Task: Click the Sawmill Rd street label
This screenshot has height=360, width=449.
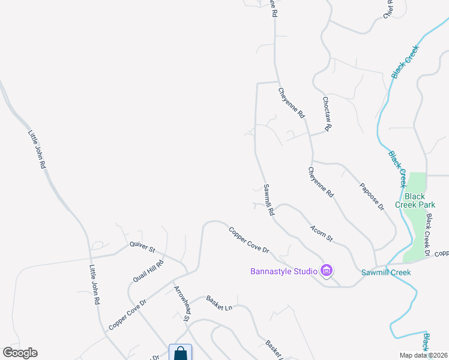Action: pyautogui.click(x=269, y=200)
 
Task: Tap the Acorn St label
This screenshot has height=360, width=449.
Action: pyautogui.click(x=322, y=233)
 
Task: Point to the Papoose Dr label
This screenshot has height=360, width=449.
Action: pyautogui.click(x=372, y=196)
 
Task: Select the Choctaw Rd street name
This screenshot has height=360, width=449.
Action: pyautogui.click(x=327, y=114)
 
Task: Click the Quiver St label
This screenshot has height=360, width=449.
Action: pyautogui.click(x=142, y=245)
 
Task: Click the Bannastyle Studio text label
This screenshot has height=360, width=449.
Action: pyautogui.click(x=283, y=271)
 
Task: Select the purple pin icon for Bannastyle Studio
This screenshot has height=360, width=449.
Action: pyautogui.click(x=327, y=271)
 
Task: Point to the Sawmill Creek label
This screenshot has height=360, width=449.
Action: pyautogui.click(x=385, y=272)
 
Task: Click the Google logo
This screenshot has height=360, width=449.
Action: pyautogui.click(x=20, y=353)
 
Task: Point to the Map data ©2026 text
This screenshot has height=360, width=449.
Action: pyautogui.click(x=424, y=355)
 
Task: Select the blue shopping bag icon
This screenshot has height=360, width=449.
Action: pyautogui.click(x=180, y=353)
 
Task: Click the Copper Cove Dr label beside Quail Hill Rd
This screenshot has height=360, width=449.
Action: pyautogui.click(x=127, y=314)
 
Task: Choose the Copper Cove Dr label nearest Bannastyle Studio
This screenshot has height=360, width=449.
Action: pyautogui.click(x=249, y=239)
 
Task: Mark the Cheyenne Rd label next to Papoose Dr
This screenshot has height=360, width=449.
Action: pyautogui.click(x=321, y=183)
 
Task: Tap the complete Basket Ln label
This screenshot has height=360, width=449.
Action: pyautogui.click(x=219, y=302)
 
